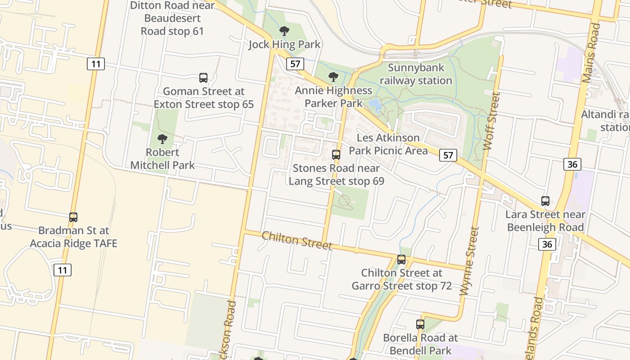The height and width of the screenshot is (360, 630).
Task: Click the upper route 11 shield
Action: (x=95, y=64)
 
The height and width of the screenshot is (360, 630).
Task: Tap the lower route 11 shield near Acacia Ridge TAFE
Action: (x=62, y=270)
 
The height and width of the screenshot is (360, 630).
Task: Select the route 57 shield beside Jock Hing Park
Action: (x=295, y=64)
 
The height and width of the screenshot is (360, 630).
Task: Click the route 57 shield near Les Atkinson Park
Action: (x=448, y=155)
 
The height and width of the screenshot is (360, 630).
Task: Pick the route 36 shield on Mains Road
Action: (x=572, y=164)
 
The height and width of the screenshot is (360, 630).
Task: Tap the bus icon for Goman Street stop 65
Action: (x=203, y=78)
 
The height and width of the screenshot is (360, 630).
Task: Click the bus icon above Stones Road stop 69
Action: (x=336, y=155)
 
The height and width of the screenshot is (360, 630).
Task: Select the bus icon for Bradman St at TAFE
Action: (x=73, y=217)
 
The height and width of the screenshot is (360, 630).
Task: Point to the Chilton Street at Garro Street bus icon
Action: (x=401, y=260)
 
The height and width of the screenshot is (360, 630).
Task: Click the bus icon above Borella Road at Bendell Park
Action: (x=420, y=324)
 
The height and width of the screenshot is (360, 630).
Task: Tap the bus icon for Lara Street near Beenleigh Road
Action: (x=545, y=201)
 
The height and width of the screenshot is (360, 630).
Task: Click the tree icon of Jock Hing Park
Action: (x=284, y=31)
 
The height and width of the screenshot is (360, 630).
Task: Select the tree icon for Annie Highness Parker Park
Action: (x=333, y=77)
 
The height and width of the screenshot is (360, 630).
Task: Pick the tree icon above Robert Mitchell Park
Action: (x=162, y=139)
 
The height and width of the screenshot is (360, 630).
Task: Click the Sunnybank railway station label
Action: (x=416, y=74)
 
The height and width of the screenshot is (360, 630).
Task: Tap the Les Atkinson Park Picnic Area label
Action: (x=388, y=144)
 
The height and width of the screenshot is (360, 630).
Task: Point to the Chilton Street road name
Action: (x=297, y=240)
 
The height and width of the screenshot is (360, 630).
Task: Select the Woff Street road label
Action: (x=491, y=121)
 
